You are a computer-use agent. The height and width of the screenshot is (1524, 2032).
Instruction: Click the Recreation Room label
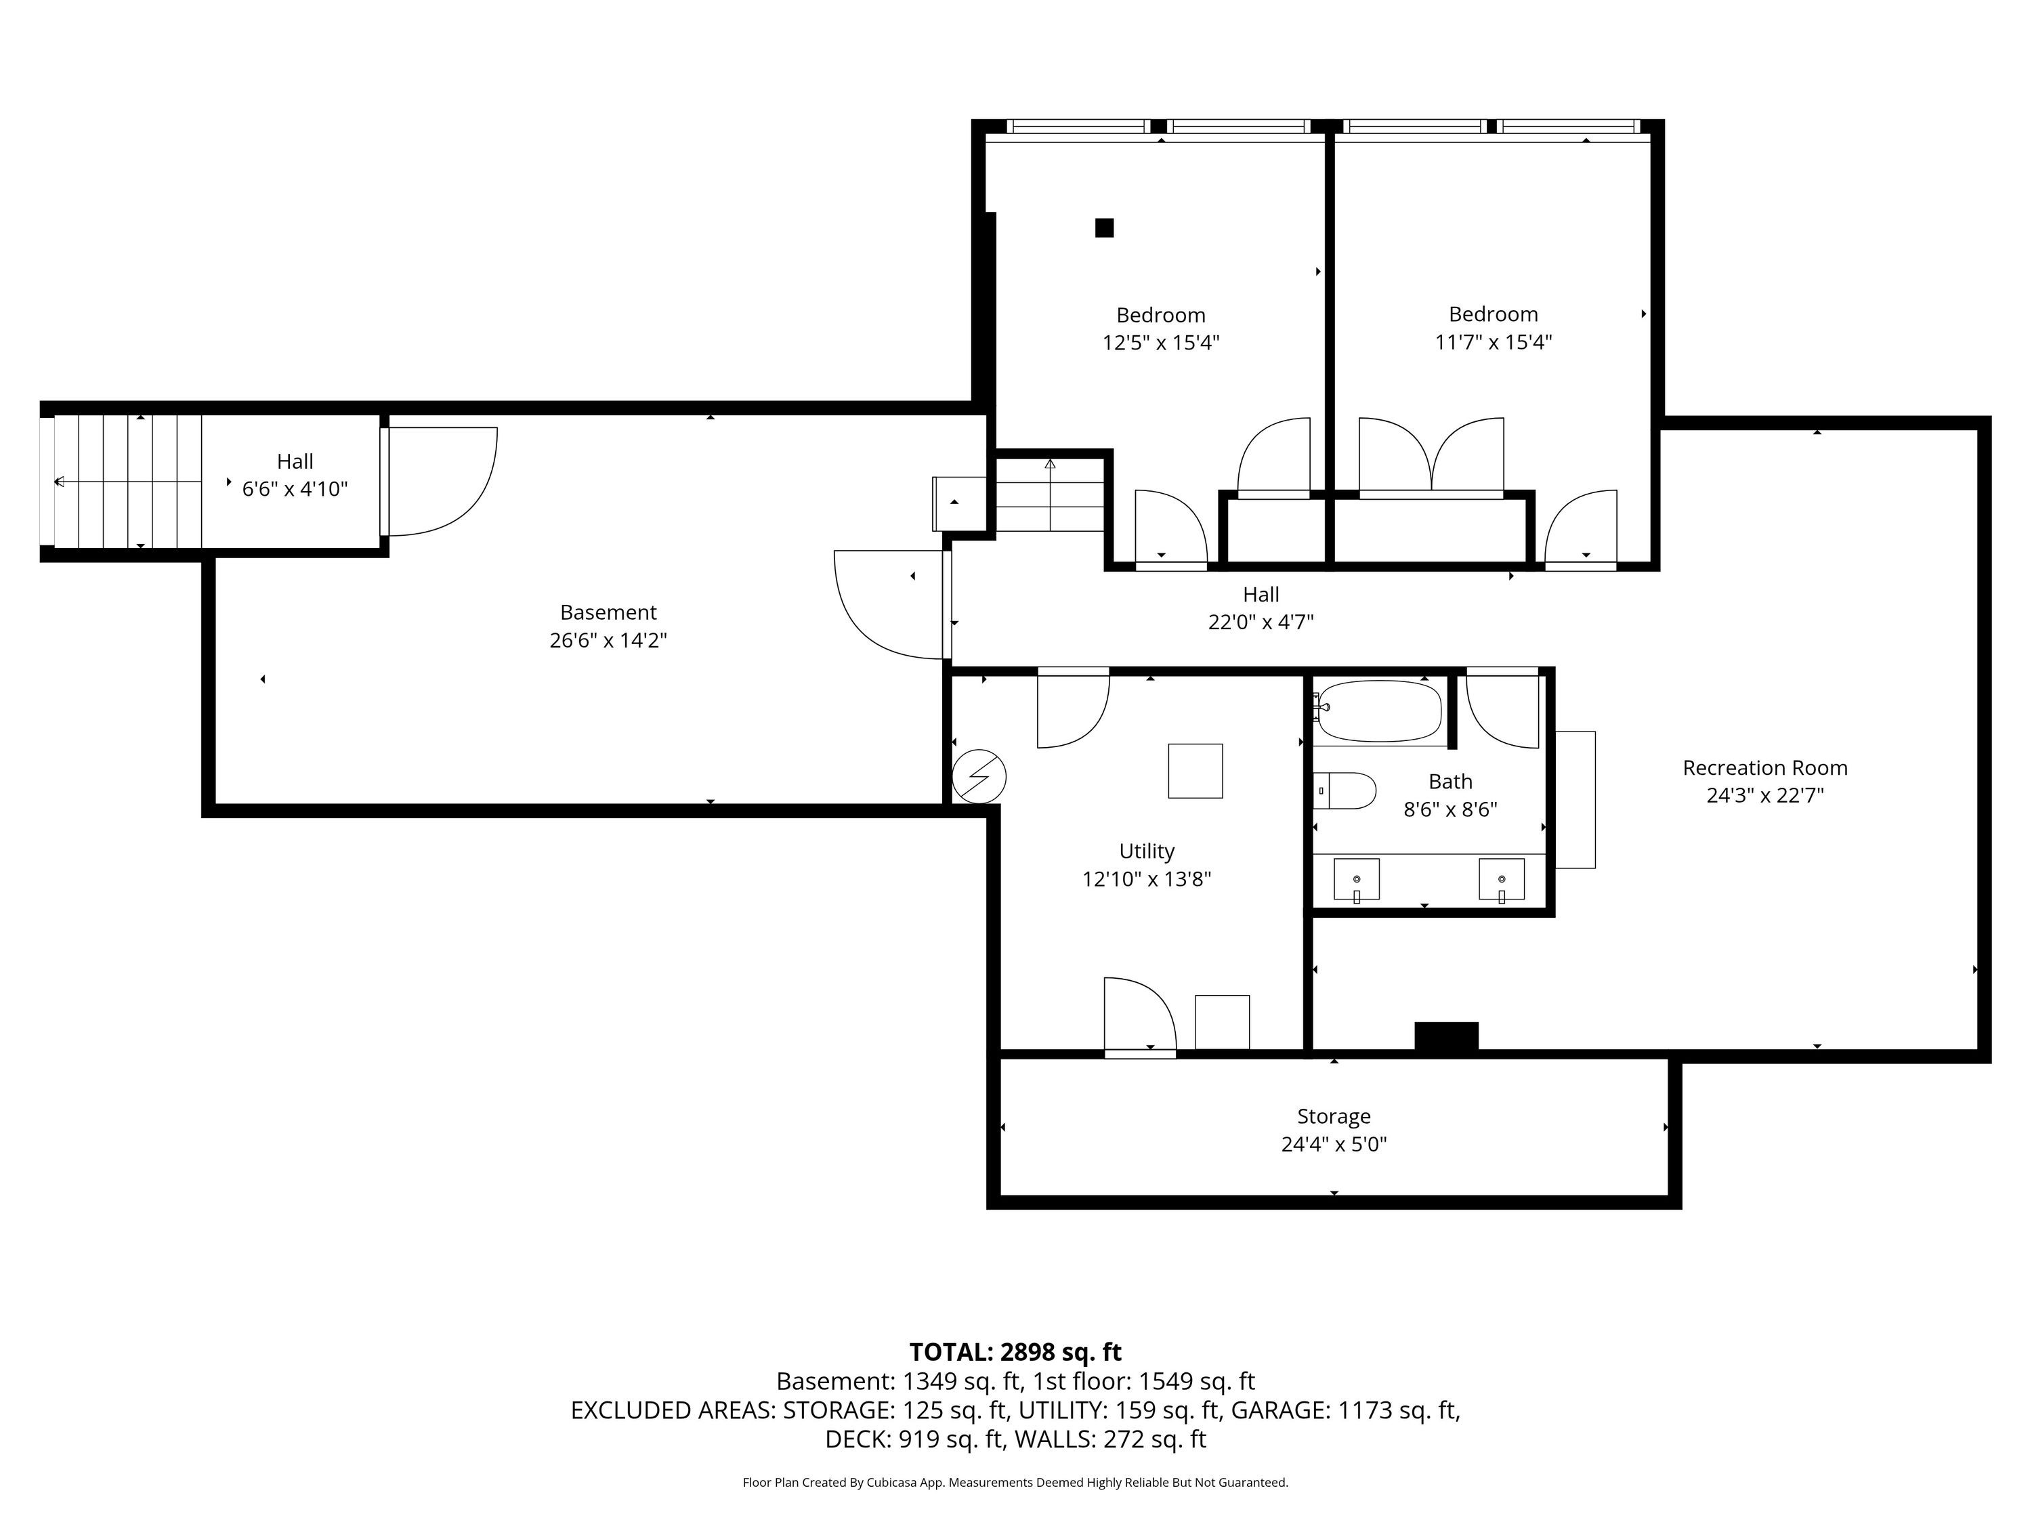(x=1764, y=768)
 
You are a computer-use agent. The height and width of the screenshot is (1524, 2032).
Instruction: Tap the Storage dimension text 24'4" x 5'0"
(x=1334, y=1145)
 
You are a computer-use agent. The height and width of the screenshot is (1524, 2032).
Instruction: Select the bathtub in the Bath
(x=1380, y=711)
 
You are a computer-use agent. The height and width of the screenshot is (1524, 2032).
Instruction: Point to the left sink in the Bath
(x=1357, y=880)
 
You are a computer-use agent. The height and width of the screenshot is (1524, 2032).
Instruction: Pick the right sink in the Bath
(x=1502, y=880)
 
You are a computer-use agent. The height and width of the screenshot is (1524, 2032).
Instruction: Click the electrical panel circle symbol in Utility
(x=979, y=777)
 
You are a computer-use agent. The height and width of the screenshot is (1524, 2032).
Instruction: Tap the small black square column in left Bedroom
(x=1104, y=228)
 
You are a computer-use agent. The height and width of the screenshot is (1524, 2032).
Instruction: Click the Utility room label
(x=1147, y=851)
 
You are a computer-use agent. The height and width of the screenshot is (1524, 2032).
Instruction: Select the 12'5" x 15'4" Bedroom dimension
(x=1161, y=343)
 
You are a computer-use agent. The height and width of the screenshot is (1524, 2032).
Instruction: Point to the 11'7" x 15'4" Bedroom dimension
(x=1494, y=343)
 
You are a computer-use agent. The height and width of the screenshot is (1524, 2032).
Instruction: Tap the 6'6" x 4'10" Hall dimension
(x=295, y=489)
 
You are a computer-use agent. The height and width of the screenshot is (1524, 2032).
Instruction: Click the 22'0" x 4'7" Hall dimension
(x=1261, y=622)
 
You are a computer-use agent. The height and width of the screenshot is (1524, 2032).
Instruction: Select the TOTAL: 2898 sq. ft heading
(x=1015, y=1352)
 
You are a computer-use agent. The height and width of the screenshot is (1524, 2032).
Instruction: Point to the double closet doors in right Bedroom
(x=1431, y=457)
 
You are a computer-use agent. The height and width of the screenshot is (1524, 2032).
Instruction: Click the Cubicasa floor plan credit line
(x=1015, y=1482)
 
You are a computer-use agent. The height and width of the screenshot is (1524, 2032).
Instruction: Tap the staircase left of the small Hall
(x=127, y=482)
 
